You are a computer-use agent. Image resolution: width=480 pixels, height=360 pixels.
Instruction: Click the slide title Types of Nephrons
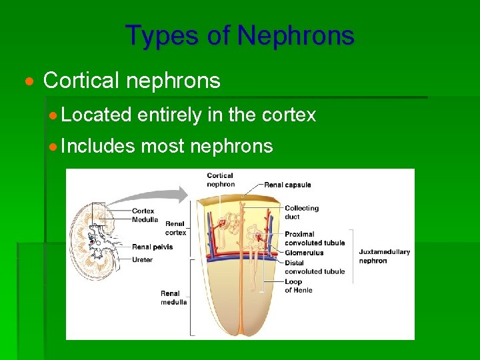(x=239, y=35)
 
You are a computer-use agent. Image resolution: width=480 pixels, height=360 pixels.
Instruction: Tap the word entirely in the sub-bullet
(x=169, y=115)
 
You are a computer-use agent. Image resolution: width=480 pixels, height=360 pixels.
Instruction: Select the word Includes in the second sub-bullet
(x=97, y=146)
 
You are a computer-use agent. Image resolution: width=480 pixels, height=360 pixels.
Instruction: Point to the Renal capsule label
(x=287, y=185)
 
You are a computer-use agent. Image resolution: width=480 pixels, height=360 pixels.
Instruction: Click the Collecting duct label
(x=301, y=212)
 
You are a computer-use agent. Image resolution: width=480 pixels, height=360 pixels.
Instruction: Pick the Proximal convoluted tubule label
(x=314, y=239)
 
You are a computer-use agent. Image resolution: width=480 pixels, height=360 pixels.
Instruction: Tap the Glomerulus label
(x=303, y=253)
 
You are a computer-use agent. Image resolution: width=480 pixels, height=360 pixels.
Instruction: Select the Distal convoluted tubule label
(x=314, y=267)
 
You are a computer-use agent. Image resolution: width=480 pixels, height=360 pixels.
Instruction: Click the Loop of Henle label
(x=298, y=286)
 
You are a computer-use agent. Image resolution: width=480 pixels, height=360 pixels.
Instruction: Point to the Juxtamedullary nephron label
(x=384, y=256)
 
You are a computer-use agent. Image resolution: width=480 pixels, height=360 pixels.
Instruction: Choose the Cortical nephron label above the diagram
(x=220, y=180)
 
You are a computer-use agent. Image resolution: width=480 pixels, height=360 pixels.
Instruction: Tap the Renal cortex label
(x=175, y=228)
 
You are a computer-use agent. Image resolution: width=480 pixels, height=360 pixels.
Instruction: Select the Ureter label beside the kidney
(x=142, y=259)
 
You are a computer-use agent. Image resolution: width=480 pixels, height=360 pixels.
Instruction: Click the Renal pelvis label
(x=152, y=247)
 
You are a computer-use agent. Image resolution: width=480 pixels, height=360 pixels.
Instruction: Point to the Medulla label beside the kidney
(x=145, y=219)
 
